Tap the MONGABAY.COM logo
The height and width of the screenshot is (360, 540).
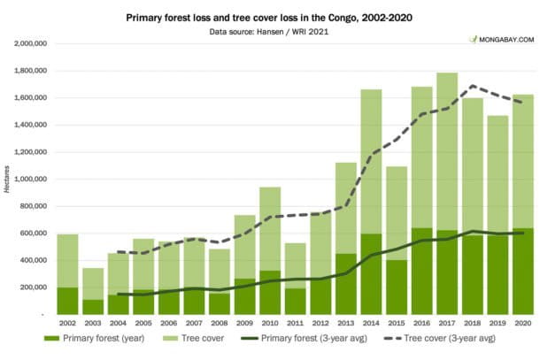(x=502, y=40)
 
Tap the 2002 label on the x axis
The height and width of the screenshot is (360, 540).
(x=67, y=324)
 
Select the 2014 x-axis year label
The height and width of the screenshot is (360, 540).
(x=371, y=324)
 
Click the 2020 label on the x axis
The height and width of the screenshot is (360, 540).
(x=522, y=324)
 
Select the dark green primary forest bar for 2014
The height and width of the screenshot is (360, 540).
(x=371, y=274)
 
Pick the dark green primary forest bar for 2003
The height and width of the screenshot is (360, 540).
(x=93, y=307)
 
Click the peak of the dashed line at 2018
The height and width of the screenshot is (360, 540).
(x=473, y=86)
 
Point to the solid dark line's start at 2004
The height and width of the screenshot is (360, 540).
(x=119, y=294)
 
